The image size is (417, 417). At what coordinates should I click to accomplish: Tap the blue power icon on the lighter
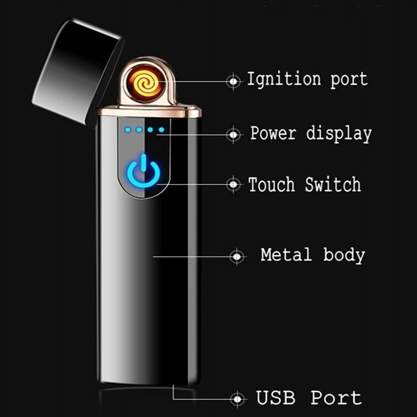pyautogui.click(x=143, y=171)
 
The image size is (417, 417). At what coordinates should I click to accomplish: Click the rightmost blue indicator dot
pyautogui.click(x=161, y=130)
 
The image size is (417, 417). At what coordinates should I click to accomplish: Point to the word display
pyautogui.click(x=339, y=134)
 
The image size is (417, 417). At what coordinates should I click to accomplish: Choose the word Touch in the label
pyautogui.click(x=272, y=184)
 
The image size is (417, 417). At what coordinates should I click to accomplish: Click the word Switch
pyautogui.click(x=333, y=184)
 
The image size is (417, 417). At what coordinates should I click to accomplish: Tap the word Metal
pyautogui.click(x=286, y=254)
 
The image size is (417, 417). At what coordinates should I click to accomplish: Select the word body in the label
pyautogui.click(x=344, y=254)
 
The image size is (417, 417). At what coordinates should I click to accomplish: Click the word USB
pyautogui.click(x=276, y=398)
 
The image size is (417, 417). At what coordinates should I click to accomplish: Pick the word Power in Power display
pyautogui.click(x=273, y=134)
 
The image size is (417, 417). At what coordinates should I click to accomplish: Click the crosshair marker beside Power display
pyautogui.click(x=234, y=134)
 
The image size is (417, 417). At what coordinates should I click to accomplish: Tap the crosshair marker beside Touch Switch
pyautogui.click(x=234, y=184)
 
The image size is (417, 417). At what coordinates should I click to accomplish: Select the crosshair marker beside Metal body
pyautogui.click(x=236, y=256)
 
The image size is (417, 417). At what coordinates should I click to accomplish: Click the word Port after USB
pyautogui.click(x=336, y=398)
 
